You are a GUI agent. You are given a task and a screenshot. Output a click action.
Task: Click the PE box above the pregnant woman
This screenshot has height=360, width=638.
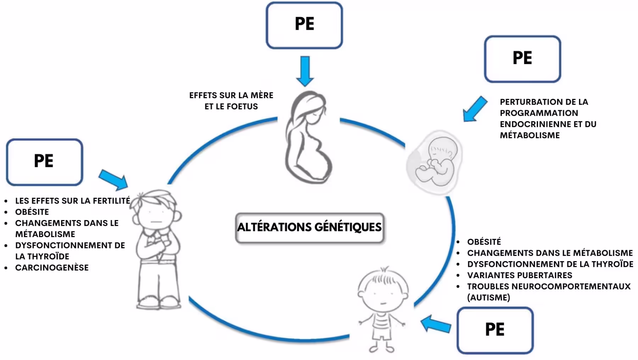(x=304, y=25)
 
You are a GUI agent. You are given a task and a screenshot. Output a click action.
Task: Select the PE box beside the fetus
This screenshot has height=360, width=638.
(x=522, y=59)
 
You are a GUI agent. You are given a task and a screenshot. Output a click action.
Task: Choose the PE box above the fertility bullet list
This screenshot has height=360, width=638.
(x=44, y=162)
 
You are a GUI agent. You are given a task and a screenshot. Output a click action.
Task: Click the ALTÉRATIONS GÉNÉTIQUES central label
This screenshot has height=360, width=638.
(x=309, y=227)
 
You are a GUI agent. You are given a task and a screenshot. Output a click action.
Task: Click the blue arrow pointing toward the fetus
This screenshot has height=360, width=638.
(x=475, y=109)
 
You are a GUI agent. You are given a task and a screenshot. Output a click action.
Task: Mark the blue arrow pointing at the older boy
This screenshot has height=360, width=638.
(x=114, y=179)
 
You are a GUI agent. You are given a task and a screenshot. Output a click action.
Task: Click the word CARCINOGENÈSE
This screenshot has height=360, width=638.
(x=52, y=268)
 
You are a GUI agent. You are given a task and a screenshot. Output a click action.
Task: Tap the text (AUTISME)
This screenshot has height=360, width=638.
(x=488, y=298)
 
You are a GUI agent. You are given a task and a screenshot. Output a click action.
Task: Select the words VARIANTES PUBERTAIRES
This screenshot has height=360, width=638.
(x=519, y=275)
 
